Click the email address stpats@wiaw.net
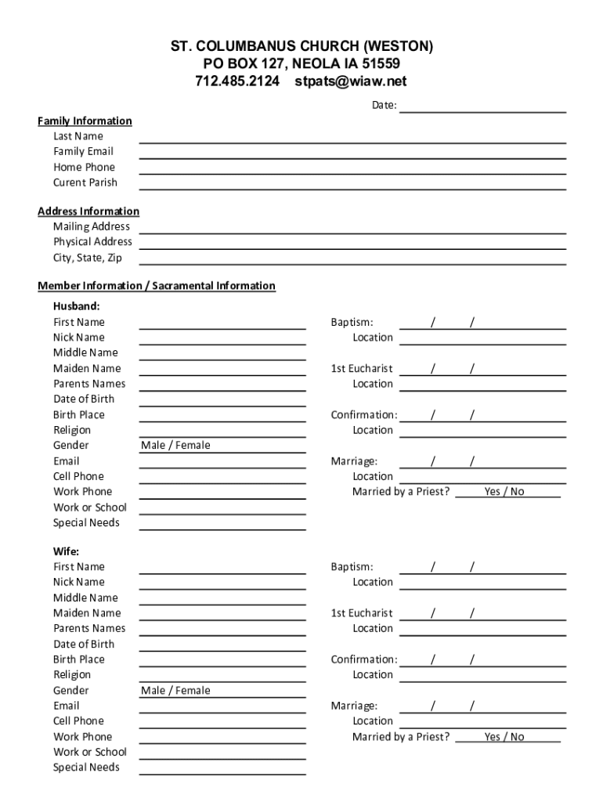click(x=351, y=81)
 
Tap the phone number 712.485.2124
click(x=237, y=81)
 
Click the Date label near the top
click(x=384, y=105)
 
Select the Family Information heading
click(x=85, y=121)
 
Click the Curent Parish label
click(x=85, y=182)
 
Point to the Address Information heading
click(x=88, y=211)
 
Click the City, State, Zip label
click(x=88, y=258)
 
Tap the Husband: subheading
click(x=76, y=306)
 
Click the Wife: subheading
click(x=66, y=551)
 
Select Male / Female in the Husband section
click(x=175, y=446)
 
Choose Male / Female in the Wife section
click(x=175, y=691)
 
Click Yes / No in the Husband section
click(x=504, y=492)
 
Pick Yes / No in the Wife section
click(x=504, y=737)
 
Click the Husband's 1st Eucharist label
click(x=362, y=368)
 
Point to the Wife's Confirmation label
click(x=364, y=659)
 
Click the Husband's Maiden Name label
click(x=87, y=368)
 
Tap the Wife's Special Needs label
click(x=86, y=768)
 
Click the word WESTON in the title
click(x=395, y=47)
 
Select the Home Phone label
click(x=84, y=167)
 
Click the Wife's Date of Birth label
click(x=84, y=644)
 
